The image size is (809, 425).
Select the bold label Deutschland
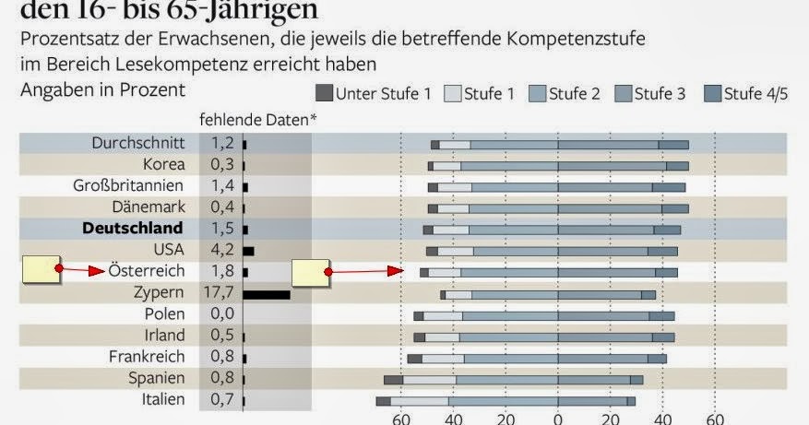pyautogui.click(x=133, y=228)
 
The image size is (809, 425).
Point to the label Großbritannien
pyautogui.click(x=129, y=185)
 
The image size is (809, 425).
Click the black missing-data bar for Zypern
pyautogui.click(x=267, y=294)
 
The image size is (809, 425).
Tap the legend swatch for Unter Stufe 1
pyautogui.click(x=324, y=92)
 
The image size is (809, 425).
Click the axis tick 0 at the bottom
pyautogui.click(x=557, y=419)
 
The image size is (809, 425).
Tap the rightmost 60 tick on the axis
pyautogui.click(x=715, y=419)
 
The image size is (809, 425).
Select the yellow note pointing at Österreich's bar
pyautogui.click(x=311, y=272)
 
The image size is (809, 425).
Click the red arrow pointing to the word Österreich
pyautogui.click(x=83, y=271)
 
